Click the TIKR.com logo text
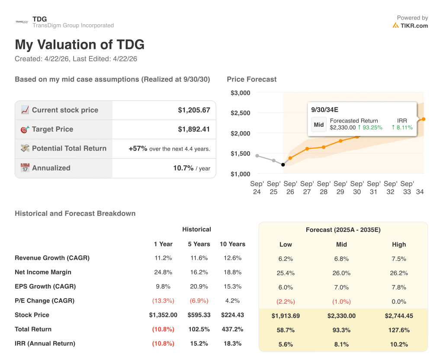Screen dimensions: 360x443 [x=414, y=26]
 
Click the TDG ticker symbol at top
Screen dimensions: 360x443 [x=40, y=19]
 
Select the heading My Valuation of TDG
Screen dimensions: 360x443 [x=80, y=45]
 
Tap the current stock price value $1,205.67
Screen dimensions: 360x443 [x=194, y=110]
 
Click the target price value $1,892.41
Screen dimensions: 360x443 [x=194, y=129]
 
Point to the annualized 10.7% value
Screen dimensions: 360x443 [x=183, y=168]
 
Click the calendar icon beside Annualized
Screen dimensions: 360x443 [x=25, y=168]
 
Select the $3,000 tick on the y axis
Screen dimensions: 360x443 [x=240, y=93]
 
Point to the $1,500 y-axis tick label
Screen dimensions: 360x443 [x=240, y=154]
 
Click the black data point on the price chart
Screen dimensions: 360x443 [x=283, y=164]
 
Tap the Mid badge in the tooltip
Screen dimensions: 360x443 [x=319, y=125]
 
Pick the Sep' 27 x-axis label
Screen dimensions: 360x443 [x=307, y=188]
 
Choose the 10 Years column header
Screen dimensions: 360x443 [x=233, y=244]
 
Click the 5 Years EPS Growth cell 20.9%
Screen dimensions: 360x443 [x=199, y=286]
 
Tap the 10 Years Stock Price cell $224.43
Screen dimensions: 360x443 [x=233, y=315]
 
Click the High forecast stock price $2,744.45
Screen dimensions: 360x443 [x=399, y=316]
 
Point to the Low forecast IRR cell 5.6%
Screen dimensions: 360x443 [x=286, y=344]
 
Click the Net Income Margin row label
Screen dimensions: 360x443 [x=43, y=272]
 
